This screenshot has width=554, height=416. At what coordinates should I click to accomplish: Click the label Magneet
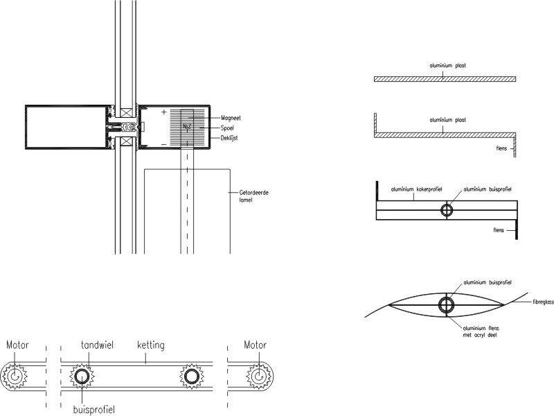point(231,119)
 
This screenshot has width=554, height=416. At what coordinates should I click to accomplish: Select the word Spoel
point(227,128)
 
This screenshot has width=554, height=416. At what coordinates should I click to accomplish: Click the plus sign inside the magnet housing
point(164,112)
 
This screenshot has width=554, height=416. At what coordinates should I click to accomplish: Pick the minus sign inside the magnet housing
point(164,144)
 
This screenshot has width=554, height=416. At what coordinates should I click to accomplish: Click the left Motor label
point(17,345)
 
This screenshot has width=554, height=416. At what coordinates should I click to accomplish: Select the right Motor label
point(256,345)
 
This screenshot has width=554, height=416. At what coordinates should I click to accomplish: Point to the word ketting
point(150,345)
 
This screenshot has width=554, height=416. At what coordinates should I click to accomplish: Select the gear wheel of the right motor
point(259,376)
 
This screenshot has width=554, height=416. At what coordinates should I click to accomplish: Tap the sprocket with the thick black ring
point(82,376)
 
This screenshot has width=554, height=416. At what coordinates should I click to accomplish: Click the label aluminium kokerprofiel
point(416,189)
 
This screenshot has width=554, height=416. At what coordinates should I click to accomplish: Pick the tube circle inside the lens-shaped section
point(447,305)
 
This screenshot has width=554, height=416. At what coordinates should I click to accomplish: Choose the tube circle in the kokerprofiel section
point(447,210)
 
